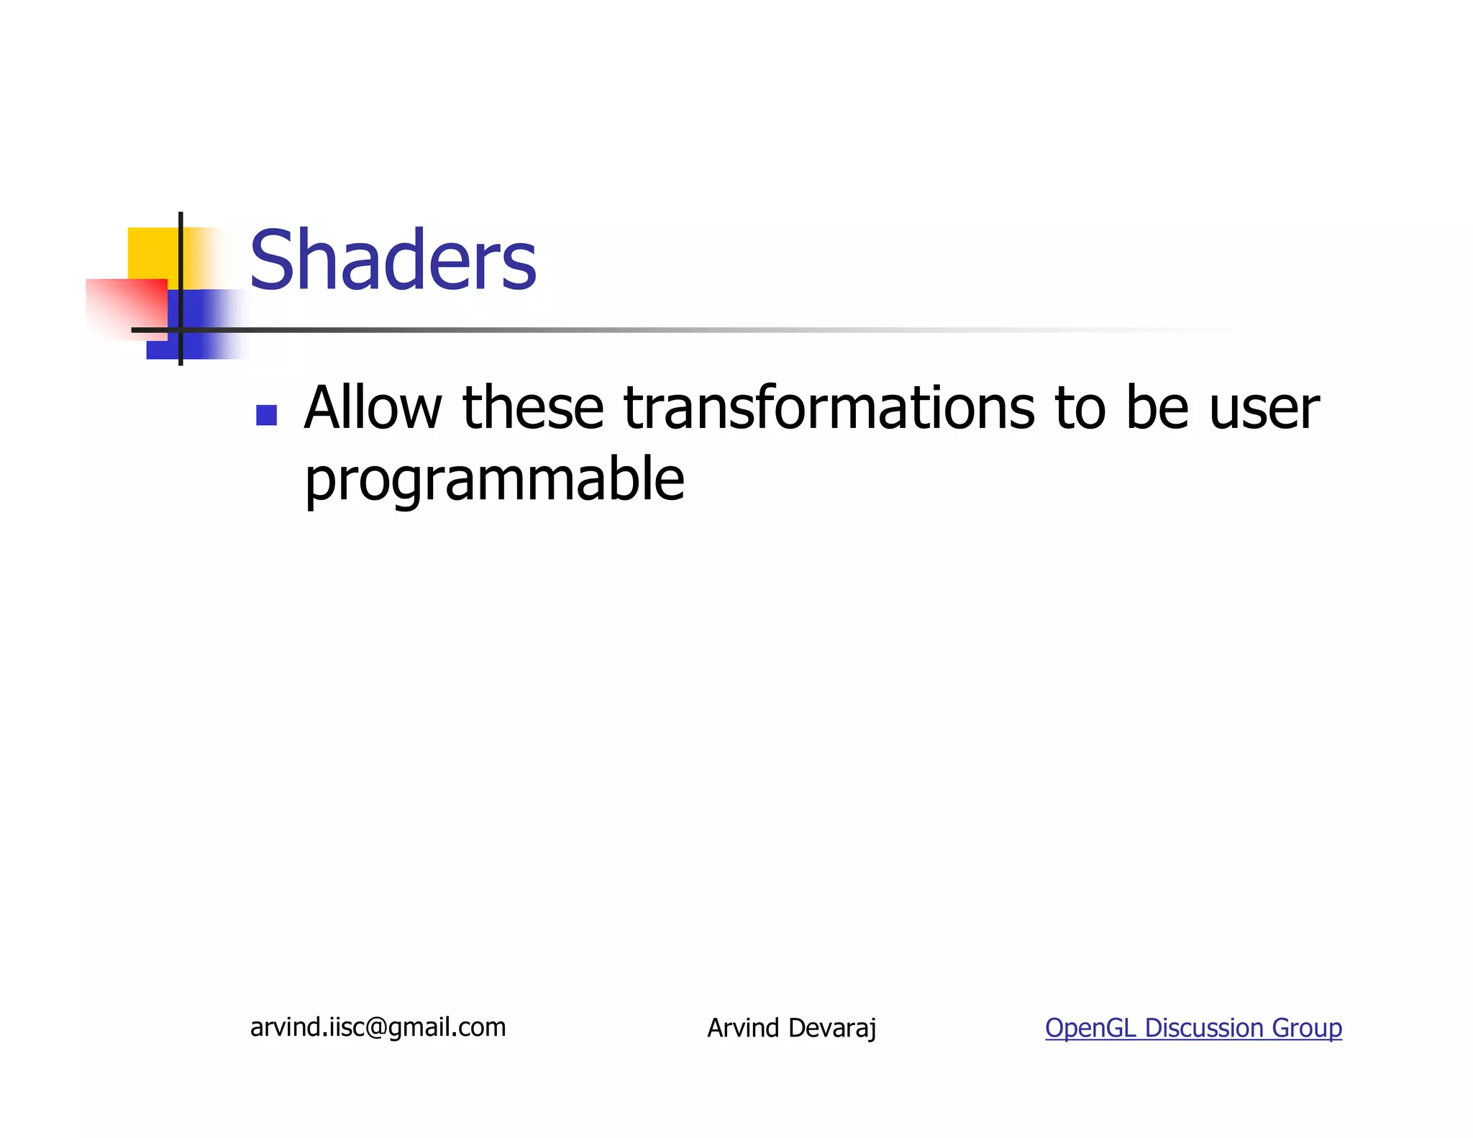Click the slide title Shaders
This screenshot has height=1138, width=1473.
tap(393, 260)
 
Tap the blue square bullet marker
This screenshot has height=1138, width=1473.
tap(266, 416)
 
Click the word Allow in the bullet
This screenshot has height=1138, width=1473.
tap(373, 408)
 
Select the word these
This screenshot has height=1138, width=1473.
tap(532, 408)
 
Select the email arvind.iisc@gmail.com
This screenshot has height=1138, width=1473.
tap(378, 1027)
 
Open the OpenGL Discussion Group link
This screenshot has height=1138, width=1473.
tap(1192, 1028)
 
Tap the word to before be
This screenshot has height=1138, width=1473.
tap(1080, 408)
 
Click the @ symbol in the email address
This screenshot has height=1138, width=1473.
tap(376, 1028)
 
